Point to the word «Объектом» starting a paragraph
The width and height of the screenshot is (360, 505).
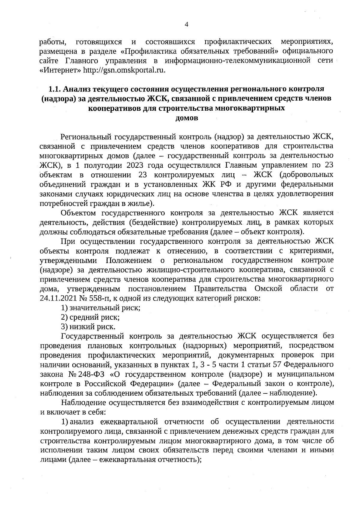coord(78,213)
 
